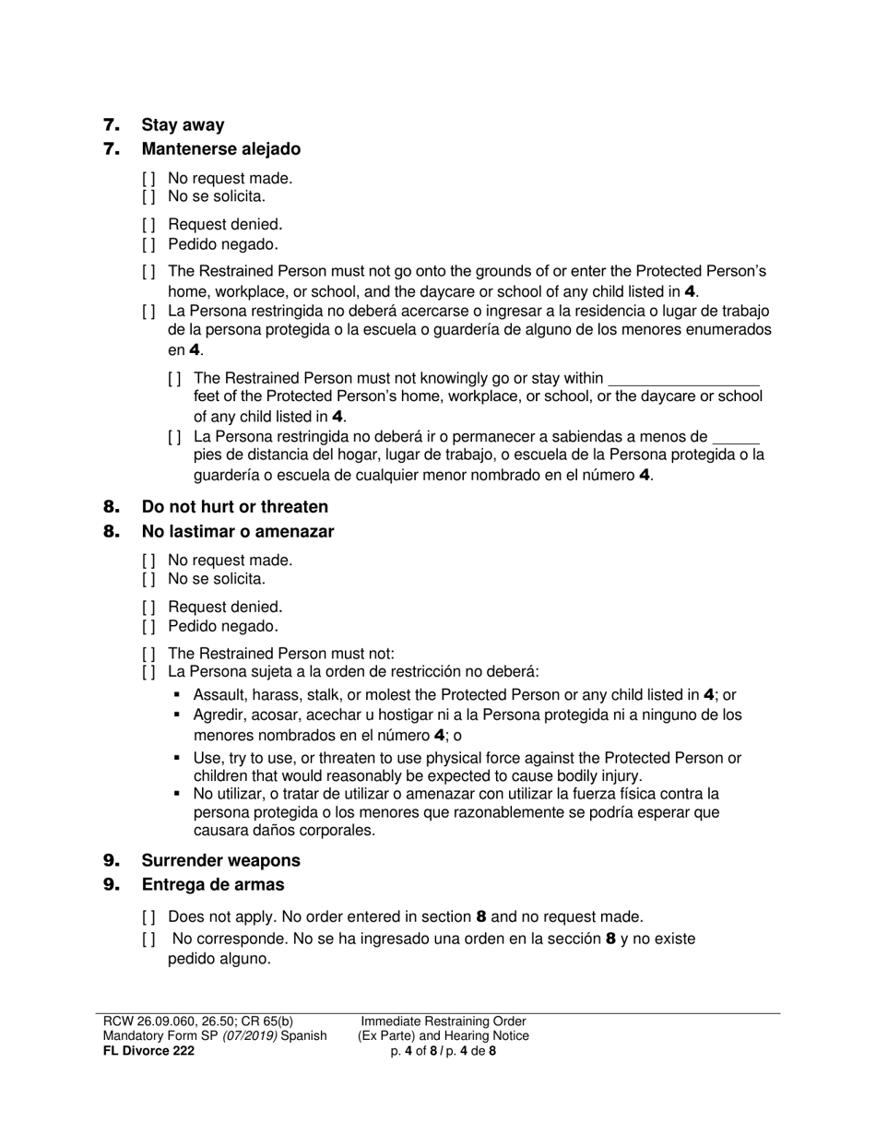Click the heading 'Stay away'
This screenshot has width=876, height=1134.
183,124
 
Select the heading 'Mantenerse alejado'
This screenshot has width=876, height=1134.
220,148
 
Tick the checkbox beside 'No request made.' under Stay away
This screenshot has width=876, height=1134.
148,179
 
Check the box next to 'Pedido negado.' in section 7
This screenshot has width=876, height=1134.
148,244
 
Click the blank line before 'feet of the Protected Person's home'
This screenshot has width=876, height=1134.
684,380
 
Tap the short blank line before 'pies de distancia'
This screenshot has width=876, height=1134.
736,439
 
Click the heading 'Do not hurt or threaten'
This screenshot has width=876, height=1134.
234,506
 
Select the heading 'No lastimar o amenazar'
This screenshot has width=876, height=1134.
237,531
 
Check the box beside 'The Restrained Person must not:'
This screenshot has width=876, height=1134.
148,654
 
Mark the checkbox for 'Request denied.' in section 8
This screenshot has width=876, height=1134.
148,608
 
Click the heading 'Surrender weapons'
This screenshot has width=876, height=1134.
220,860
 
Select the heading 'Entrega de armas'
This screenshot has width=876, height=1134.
212,884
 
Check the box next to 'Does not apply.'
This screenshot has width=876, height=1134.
148,917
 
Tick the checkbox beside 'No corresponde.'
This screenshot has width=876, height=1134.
148,939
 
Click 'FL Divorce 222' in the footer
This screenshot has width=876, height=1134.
148,1050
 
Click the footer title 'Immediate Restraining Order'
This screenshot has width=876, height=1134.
443,1021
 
